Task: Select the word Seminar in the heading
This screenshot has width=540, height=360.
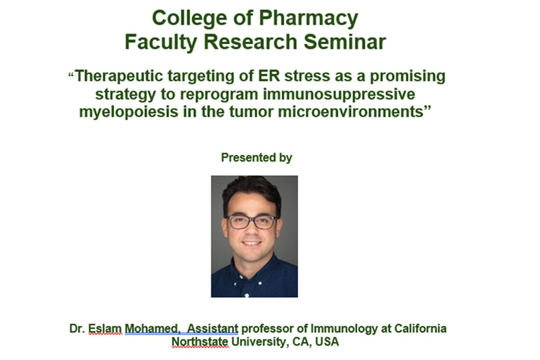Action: pos(344,42)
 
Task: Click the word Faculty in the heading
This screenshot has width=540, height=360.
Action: pos(161,43)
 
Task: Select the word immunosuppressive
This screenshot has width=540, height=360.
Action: pos(339,94)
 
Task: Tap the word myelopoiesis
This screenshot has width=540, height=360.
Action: pos(129,112)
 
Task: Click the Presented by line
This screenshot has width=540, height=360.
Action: pos(256,158)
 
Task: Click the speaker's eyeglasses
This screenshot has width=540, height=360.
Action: pos(252,222)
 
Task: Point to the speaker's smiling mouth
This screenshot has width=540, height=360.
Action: pos(251,243)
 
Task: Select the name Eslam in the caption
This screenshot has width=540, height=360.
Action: pos(105,328)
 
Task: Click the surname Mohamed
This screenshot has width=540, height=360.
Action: pos(152,328)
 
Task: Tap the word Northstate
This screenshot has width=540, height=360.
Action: pos(200,342)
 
